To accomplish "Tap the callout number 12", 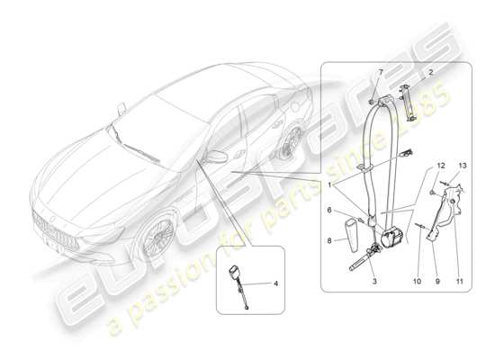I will point(416,166).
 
